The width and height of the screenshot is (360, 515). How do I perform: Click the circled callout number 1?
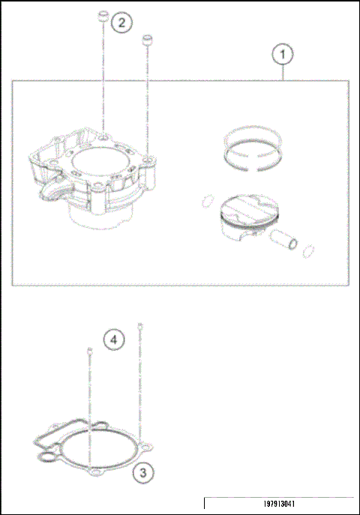coord(282,55)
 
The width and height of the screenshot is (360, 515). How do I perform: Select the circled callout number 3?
coord(142,473)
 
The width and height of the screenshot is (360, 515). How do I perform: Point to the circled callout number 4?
coord(113,340)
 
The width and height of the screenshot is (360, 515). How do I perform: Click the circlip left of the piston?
coord(205,201)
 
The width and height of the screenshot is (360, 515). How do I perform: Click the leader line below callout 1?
coord(283,73)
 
